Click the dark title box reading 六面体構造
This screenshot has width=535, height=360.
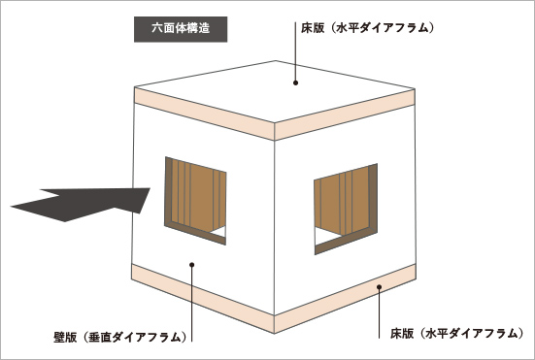click(x=181, y=28)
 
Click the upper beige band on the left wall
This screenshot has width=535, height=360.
click(x=199, y=110)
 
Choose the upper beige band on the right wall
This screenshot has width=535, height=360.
click(x=345, y=108)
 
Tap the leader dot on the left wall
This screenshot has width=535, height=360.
click(x=192, y=263)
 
